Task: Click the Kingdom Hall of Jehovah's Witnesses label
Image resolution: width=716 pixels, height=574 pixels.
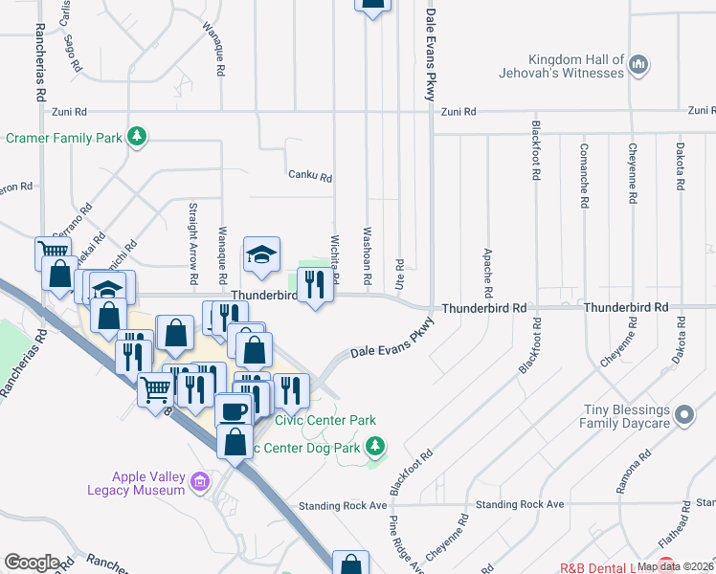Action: [x=561, y=66]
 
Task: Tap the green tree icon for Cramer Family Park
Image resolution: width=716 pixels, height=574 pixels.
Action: [x=138, y=138]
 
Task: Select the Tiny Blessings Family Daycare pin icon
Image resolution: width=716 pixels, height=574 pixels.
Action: [x=683, y=415]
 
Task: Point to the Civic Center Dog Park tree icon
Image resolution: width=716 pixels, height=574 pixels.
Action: [x=377, y=445]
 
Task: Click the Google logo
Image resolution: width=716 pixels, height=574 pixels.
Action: [x=32, y=563]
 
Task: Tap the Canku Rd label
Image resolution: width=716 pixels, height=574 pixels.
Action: [x=309, y=177]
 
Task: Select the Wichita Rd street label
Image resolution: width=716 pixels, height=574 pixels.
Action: [x=336, y=254]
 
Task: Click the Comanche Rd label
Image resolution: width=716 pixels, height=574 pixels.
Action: [x=583, y=177]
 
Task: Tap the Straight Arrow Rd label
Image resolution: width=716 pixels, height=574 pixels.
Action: [x=193, y=254]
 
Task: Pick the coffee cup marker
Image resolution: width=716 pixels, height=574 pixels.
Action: [x=234, y=411]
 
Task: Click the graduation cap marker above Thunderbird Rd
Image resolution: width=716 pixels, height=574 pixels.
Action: [x=261, y=254]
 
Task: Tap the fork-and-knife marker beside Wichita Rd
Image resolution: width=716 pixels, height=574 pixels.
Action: [x=312, y=284]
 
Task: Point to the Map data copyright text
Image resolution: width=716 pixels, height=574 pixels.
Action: [x=675, y=566]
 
